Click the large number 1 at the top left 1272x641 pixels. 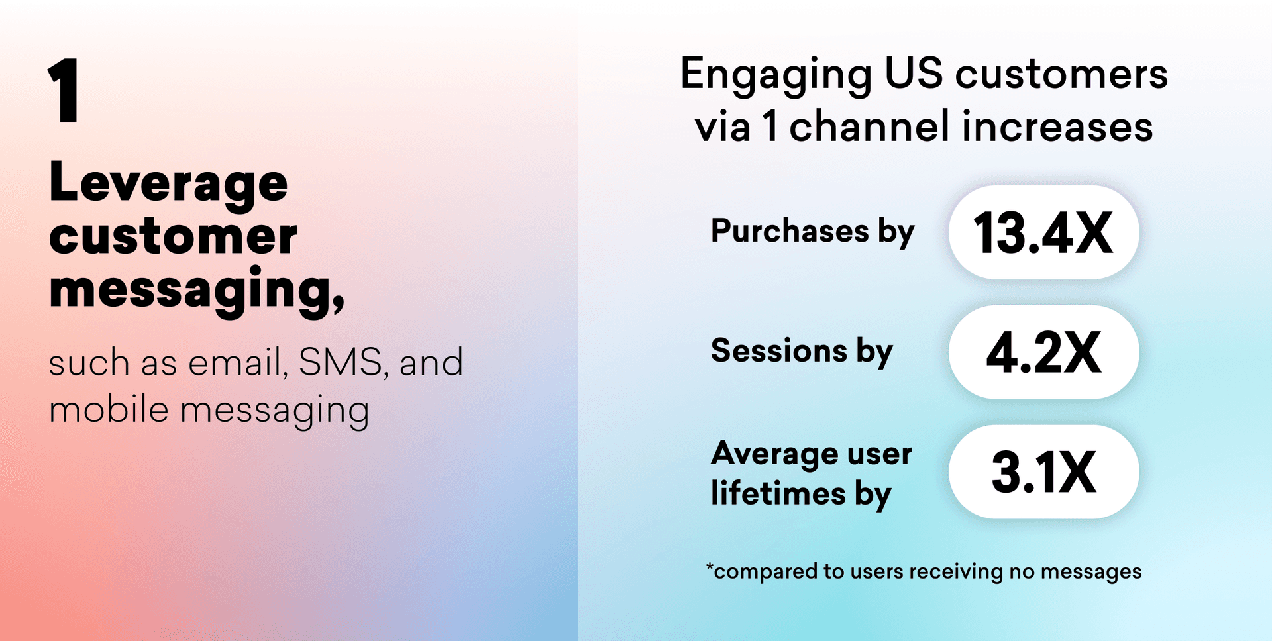(64, 90)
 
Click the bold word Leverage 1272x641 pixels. (168, 183)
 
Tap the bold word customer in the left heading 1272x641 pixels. (173, 236)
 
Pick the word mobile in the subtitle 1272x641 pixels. (109, 409)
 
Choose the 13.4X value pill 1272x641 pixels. (1043, 232)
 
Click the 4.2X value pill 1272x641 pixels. (1043, 352)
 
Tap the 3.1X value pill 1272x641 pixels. (1043, 471)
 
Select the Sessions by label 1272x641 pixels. (802, 351)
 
